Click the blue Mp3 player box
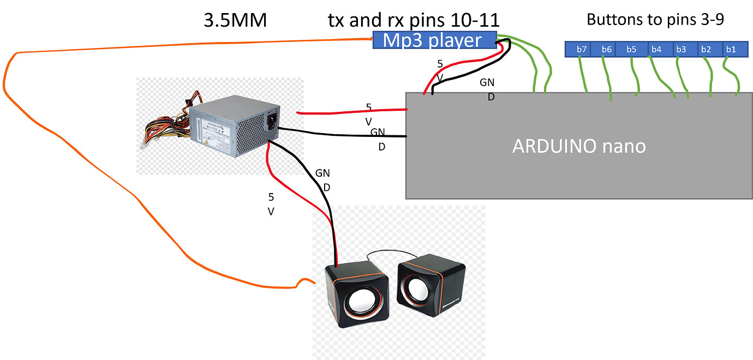[x=434, y=40]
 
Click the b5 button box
[x=631, y=50]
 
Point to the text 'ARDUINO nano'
[x=579, y=146]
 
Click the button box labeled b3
[x=681, y=50]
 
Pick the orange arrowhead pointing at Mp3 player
[x=369, y=39]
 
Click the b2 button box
[x=706, y=50]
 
